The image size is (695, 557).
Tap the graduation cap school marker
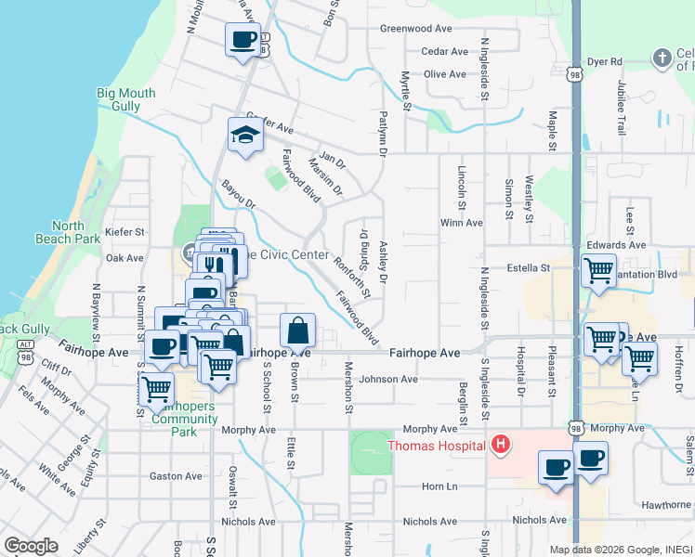(243, 136)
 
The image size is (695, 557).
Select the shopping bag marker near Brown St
(297, 330)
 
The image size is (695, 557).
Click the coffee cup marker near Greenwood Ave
(243, 40)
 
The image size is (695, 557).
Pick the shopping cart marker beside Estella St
(598, 270)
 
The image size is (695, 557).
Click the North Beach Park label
(75, 232)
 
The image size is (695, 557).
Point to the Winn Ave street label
(462, 223)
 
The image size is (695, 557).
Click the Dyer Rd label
(603, 61)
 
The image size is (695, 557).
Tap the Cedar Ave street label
(444, 51)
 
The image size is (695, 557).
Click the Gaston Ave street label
(176, 476)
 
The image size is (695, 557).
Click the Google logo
(32, 546)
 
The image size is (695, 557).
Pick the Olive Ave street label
(445, 74)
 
